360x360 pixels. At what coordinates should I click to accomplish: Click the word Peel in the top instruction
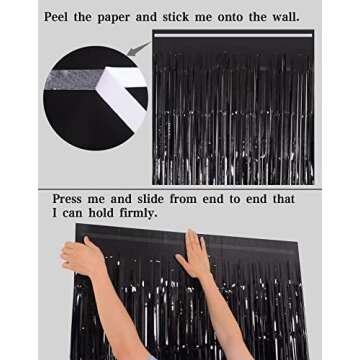(x=63, y=17)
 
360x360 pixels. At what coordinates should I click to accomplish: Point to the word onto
(x=257, y=17)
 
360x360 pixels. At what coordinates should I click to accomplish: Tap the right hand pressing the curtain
(x=194, y=257)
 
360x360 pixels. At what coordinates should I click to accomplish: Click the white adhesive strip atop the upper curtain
(x=234, y=36)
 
